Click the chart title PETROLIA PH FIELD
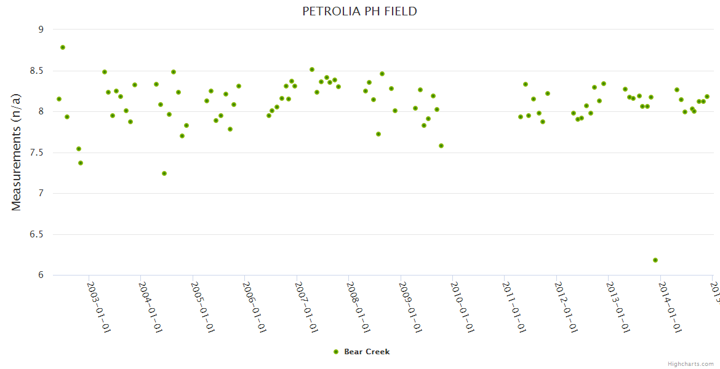click(x=359, y=11)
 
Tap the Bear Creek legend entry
click(x=361, y=352)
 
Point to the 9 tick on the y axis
click(x=41, y=30)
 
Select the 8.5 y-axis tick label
click(x=38, y=71)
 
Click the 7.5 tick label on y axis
click(x=38, y=153)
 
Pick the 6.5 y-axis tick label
click(x=38, y=234)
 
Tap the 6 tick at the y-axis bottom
click(x=41, y=275)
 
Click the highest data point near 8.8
click(x=63, y=47)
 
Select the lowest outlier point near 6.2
click(x=655, y=260)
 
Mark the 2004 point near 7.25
click(x=164, y=173)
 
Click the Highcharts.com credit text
click(x=690, y=364)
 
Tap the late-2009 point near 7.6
click(x=441, y=146)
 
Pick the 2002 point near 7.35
click(x=81, y=163)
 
